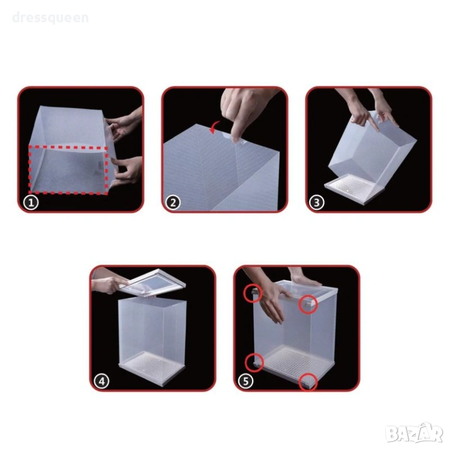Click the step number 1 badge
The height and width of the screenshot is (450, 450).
click(x=31, y=203)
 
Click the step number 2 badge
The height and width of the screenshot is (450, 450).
click(x=173, y=203)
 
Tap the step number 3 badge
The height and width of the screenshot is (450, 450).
click(x=317, y=203)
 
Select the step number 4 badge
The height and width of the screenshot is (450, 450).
click(x=102, y=381)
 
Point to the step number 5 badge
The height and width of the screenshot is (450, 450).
click(x=246, y=381)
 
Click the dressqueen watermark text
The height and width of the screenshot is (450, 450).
click(x=50, y=18)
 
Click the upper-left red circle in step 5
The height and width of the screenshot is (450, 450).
click(x=253, y=293)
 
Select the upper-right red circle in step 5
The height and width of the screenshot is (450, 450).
click(x=308, y=304)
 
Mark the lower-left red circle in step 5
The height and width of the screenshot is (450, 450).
click(x=254, y=363)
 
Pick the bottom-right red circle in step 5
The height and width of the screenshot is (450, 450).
click(x=308, y=382)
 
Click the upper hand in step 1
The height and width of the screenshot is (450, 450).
click(x=125, y=125)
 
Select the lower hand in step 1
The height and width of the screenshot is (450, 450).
click(x=127, y=171)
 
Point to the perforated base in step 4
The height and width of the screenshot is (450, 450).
click(x=151, y=366)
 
